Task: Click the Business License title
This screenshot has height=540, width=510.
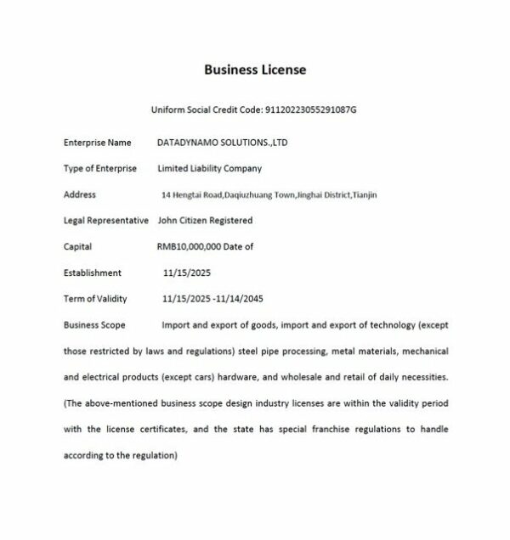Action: [x=255, y=69]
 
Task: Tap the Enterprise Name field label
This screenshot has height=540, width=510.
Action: [x=97, y=143]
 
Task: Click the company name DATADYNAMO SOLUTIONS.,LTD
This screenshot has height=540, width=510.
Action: [x=223, y=143]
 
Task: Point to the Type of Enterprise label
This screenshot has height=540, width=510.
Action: [x=99, y=169]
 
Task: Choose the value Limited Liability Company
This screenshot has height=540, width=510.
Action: [x=209, y=169]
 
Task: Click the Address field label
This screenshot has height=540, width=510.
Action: [x=80, y=194]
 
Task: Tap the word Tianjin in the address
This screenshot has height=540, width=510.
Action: [x=365, y=195]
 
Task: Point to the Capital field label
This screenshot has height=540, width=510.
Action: [x=77, y=247]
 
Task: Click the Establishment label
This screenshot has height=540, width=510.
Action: [x=93, y=273]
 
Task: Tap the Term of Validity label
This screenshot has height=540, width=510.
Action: [x=95, y=299]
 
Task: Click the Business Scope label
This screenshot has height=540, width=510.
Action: [x=94, y=325]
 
